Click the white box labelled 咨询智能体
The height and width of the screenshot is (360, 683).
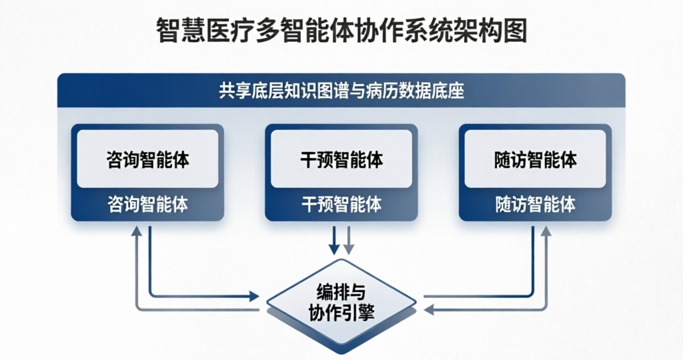(147, 159)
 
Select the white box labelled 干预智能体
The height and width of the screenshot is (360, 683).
(341, 159)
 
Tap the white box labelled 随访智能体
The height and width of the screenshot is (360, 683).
(535, 159)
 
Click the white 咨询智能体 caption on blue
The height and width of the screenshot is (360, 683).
(147, 204)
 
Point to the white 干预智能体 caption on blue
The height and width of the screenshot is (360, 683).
(341, 204)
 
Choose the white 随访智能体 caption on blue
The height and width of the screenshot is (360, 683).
(535, 204)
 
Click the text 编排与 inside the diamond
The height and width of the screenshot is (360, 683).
(341, 292)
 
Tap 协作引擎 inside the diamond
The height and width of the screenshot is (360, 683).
(341, 312)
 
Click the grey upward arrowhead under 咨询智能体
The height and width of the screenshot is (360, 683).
(137, 231)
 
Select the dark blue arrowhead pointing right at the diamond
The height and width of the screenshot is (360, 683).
(254, 295)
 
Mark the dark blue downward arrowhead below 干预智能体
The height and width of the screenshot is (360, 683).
(334, 249)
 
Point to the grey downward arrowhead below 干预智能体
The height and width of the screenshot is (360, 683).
(348, 249)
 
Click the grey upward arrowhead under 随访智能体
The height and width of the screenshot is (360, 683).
(546, 231)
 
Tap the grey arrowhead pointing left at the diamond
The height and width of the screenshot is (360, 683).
(430, 309)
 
